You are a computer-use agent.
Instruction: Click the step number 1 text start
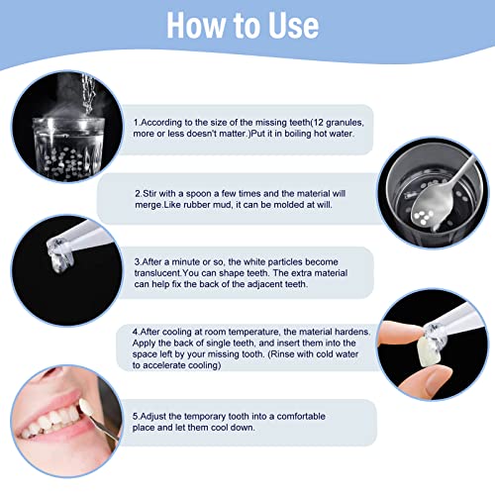138,122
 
